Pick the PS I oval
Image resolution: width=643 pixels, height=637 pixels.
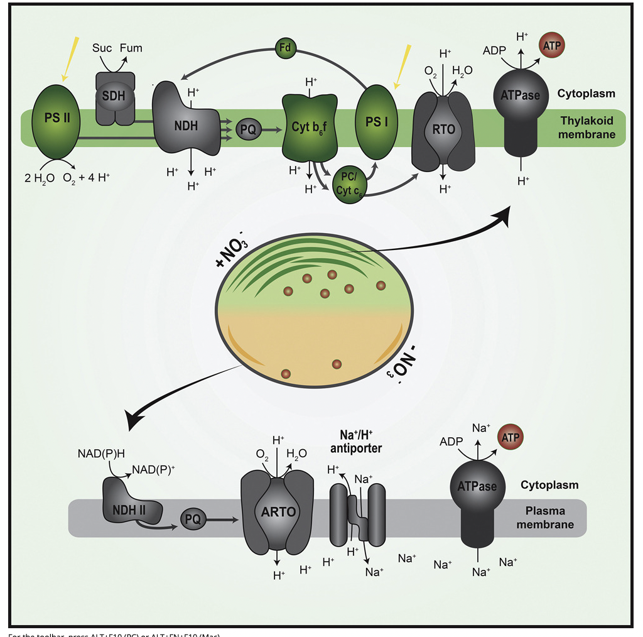coord(376,121)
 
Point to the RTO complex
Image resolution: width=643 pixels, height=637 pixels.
coord(443,131)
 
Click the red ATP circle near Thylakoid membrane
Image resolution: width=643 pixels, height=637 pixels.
coord(553,45)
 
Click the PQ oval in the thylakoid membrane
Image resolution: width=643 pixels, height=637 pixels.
coord(246,130)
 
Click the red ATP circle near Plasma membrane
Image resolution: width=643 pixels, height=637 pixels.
coord(510,437)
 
